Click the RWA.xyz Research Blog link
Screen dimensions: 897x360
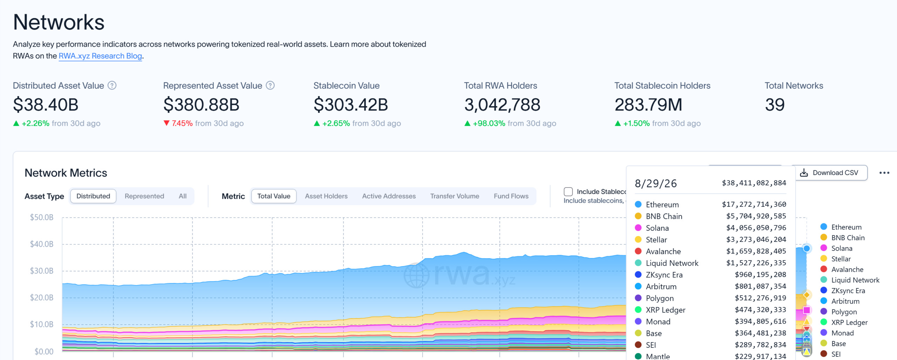pyautogui.click(x=100, y=56)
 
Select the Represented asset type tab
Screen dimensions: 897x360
pyautogui.click(x=144, y=196)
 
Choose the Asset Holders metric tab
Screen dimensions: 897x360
pyautogui.click(x=326, y=196)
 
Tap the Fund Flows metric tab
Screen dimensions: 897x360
pyautogui.click(x=511, y=196)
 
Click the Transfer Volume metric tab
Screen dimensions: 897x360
pyautogui.click(x=454, y=196)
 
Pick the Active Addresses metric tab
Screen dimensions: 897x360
pyautogui.click(x=389, y=196)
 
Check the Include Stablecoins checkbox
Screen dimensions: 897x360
pyautogui.click(x=568, y=192)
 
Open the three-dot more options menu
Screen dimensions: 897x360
pyautogui.click(x=884, y=173)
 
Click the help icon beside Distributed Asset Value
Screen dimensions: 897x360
pyautogui.click(x=112, y=86)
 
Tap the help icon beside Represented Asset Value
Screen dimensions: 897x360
pyautogui.click(x=270, y=86)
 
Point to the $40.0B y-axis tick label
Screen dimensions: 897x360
pyautogui.click(x=42, y=244)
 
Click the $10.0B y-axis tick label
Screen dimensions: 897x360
pyautogui.click(x=42, y=324)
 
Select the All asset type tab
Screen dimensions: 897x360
pyautogui.click(x=183, y=196)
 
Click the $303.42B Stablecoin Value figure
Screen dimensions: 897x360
pyautogui.click(x=351, y=105)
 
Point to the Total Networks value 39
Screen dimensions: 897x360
pyautogui.click(x=775, y=105)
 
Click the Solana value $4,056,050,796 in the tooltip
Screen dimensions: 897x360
pyautogui.click(x=756, y=228)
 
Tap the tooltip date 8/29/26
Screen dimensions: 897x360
pyautogui.click(x=656, y=183)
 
